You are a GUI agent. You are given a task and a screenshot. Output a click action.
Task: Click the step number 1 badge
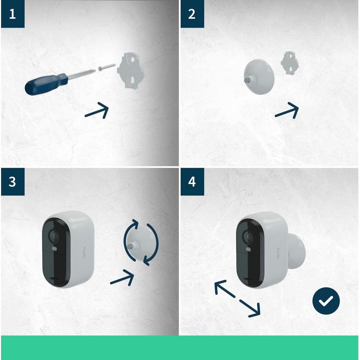pyautogui.click(x=13, y=14)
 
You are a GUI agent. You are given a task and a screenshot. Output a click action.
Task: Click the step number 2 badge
pyautogui.click(x=192, y=14)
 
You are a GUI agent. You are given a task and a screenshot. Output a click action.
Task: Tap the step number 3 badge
pyautogui.click(x=13, y=182)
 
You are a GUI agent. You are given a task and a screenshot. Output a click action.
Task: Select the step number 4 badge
pyautogui.click(x=192, y=182)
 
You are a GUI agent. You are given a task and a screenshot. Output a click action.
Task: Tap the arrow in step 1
pyautogui.click(x=97, y=111)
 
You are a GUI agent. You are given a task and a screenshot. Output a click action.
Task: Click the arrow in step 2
pyautogui.click(x=287, y=111)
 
